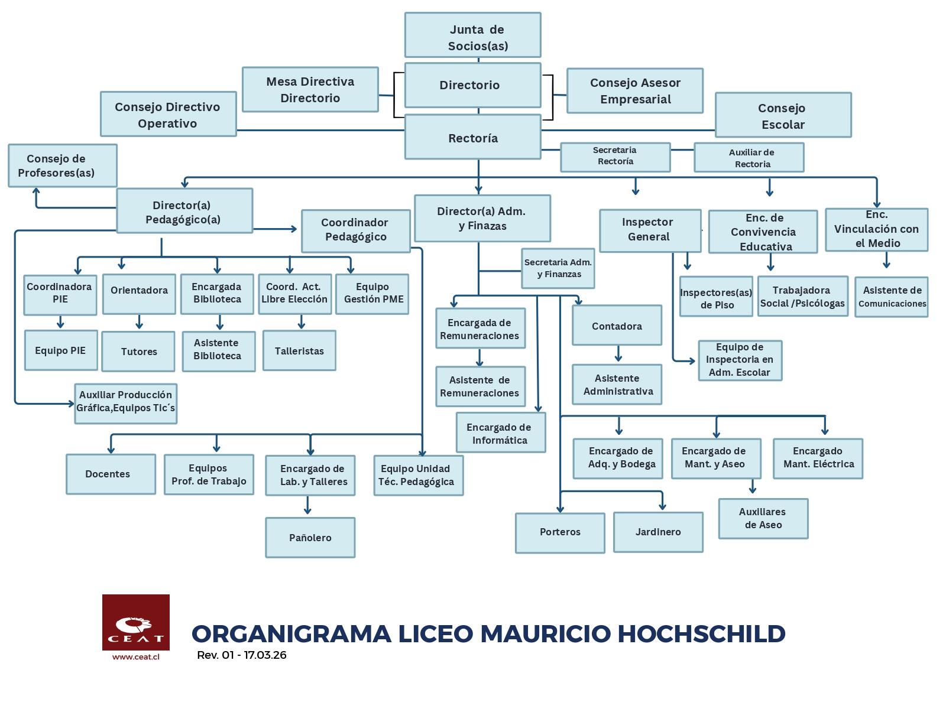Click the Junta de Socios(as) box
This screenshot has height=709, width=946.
point(472,35)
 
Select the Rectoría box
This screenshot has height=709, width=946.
point(472,137)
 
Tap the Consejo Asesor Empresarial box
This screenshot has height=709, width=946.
point(635,90)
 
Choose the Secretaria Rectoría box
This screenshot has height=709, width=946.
point(615,157)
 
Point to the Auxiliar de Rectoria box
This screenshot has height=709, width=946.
point(749,158)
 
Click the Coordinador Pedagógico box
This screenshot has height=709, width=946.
point(355,230)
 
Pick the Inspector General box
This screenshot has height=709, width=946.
point(650,230)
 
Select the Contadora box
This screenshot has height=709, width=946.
point(617,325)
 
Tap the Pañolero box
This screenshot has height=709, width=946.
point(310,538)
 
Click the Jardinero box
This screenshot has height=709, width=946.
point(658,532)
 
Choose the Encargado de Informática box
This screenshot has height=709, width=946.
point(500,433)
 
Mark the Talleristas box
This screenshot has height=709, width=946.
point(299,350)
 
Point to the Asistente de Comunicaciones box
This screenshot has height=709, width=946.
point(891,297)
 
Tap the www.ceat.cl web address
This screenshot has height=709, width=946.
point(136,657)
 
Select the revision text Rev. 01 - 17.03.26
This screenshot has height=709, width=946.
point(241,655)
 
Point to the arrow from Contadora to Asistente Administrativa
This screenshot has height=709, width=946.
point(618,354)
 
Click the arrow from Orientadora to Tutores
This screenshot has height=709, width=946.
point(139,322)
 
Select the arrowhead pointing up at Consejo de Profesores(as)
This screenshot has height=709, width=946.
point(36,191)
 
